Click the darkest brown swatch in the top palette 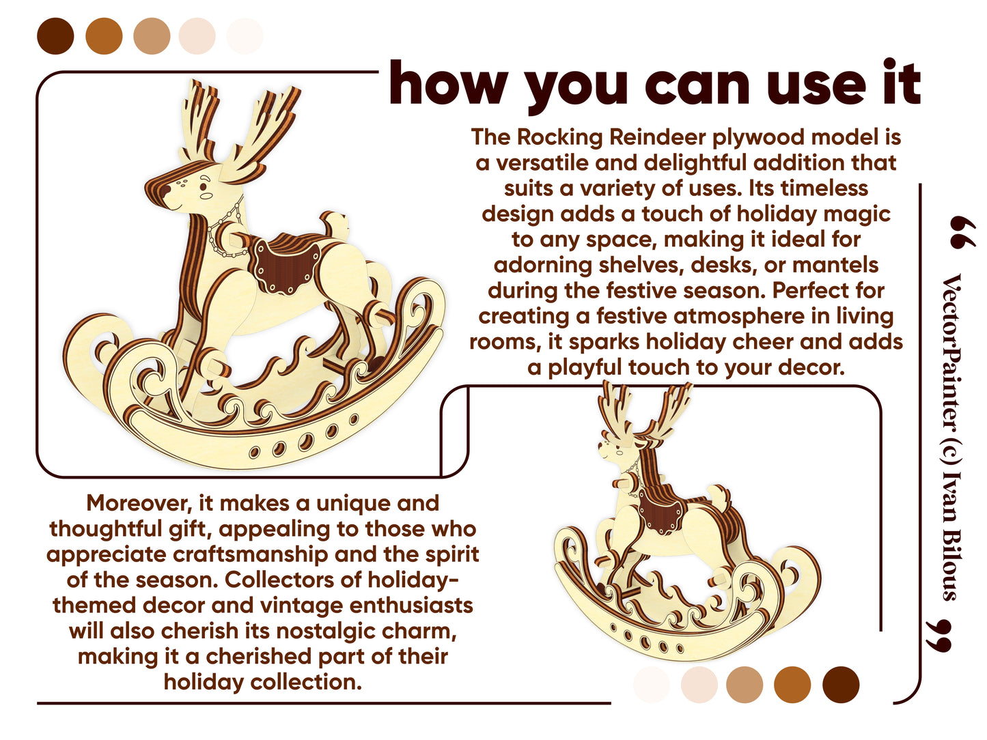click(x=55, y=36)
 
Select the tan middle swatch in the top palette click(x=152, y=36)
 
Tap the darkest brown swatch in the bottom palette click(x=840, y=684)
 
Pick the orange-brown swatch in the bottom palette click(x=792, y=684)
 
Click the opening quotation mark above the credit click(x=962, y=232)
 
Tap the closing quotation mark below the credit click(x=939, y=636)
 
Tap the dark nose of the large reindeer click(x=165, y=190)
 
